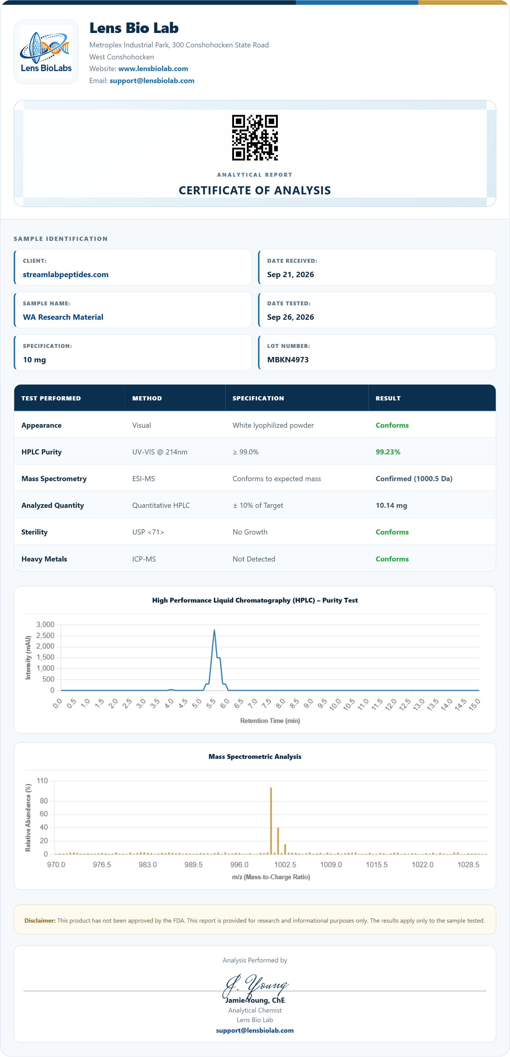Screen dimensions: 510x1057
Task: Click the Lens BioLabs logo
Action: pos(46,52)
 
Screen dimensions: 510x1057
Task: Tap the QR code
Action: pos(255,137)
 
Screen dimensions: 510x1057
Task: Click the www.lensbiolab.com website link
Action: pos(153,68)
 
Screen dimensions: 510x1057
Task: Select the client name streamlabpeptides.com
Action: pos(66,274)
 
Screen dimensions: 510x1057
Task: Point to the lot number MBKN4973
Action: pos(288,359)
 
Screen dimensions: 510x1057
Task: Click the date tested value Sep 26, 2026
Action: pos(290,317)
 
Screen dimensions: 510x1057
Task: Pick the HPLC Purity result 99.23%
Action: pos(388,452)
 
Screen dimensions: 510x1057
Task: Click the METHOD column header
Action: pos(147,398)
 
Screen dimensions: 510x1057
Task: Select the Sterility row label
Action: pos(34,532)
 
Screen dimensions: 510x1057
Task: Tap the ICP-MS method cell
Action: pos(144,559)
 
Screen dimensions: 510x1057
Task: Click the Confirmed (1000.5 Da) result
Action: pos(414,478)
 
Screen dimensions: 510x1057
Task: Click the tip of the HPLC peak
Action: pos(214,630)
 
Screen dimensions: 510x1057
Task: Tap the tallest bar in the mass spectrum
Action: pos(271,821)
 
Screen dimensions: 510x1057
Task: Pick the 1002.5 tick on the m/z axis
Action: pos(285,864)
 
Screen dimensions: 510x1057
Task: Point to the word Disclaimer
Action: pos(40,920)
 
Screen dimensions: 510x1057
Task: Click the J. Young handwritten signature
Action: pos(255,986)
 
